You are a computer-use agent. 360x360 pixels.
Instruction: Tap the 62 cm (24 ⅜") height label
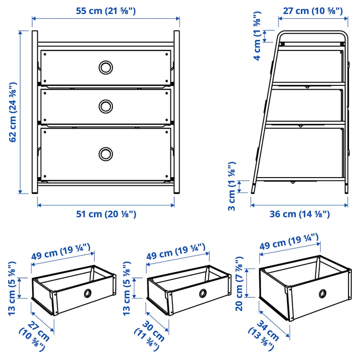(13, 113)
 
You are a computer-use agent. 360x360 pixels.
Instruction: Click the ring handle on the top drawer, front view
(106, 67)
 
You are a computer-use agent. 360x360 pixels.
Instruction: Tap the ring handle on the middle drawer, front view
(106, 105)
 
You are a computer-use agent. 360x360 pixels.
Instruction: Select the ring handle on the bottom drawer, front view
(106, 154)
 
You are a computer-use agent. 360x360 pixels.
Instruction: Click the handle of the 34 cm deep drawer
(322, 293)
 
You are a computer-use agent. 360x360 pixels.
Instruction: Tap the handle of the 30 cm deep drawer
(203, 293)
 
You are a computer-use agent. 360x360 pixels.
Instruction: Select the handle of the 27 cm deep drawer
(88, 293)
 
